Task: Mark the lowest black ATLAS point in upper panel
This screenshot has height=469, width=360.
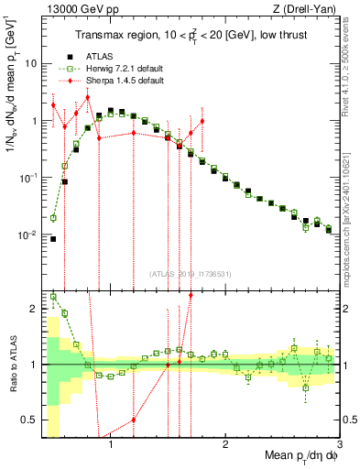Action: (x=53, y=239)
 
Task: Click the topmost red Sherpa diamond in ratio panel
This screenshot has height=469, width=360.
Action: (x=191, y=294)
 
